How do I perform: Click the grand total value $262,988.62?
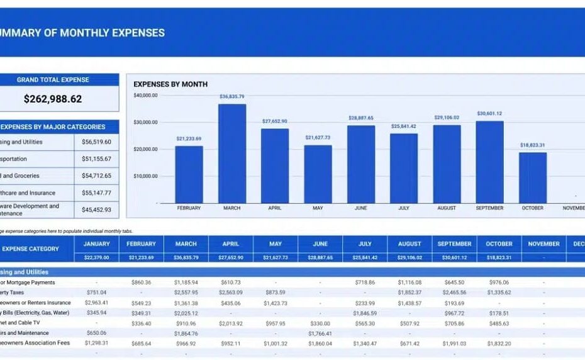pos(53,99)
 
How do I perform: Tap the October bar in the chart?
pos(532,177)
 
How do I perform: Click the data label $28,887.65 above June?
pos(360,118)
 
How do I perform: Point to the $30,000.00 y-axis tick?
pos(145,122)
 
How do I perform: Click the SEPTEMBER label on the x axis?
pos(489,208)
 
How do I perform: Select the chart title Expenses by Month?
pos(170,84)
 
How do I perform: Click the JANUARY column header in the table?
pos(96,244)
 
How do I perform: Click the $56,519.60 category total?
pos(96,142)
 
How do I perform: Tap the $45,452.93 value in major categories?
pos(96,210)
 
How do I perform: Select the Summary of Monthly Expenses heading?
pos(82,33)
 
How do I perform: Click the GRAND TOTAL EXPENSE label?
pos(53,80)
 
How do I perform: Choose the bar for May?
pos(318,174)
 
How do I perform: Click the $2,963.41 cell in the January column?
pos(96,303)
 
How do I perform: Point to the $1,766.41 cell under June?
pos(320,334)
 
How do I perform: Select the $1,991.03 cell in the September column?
pos(454,344)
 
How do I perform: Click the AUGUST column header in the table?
pos(409,244)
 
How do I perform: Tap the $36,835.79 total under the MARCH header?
pos(186,257)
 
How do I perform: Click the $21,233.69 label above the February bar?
pos(189,138)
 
